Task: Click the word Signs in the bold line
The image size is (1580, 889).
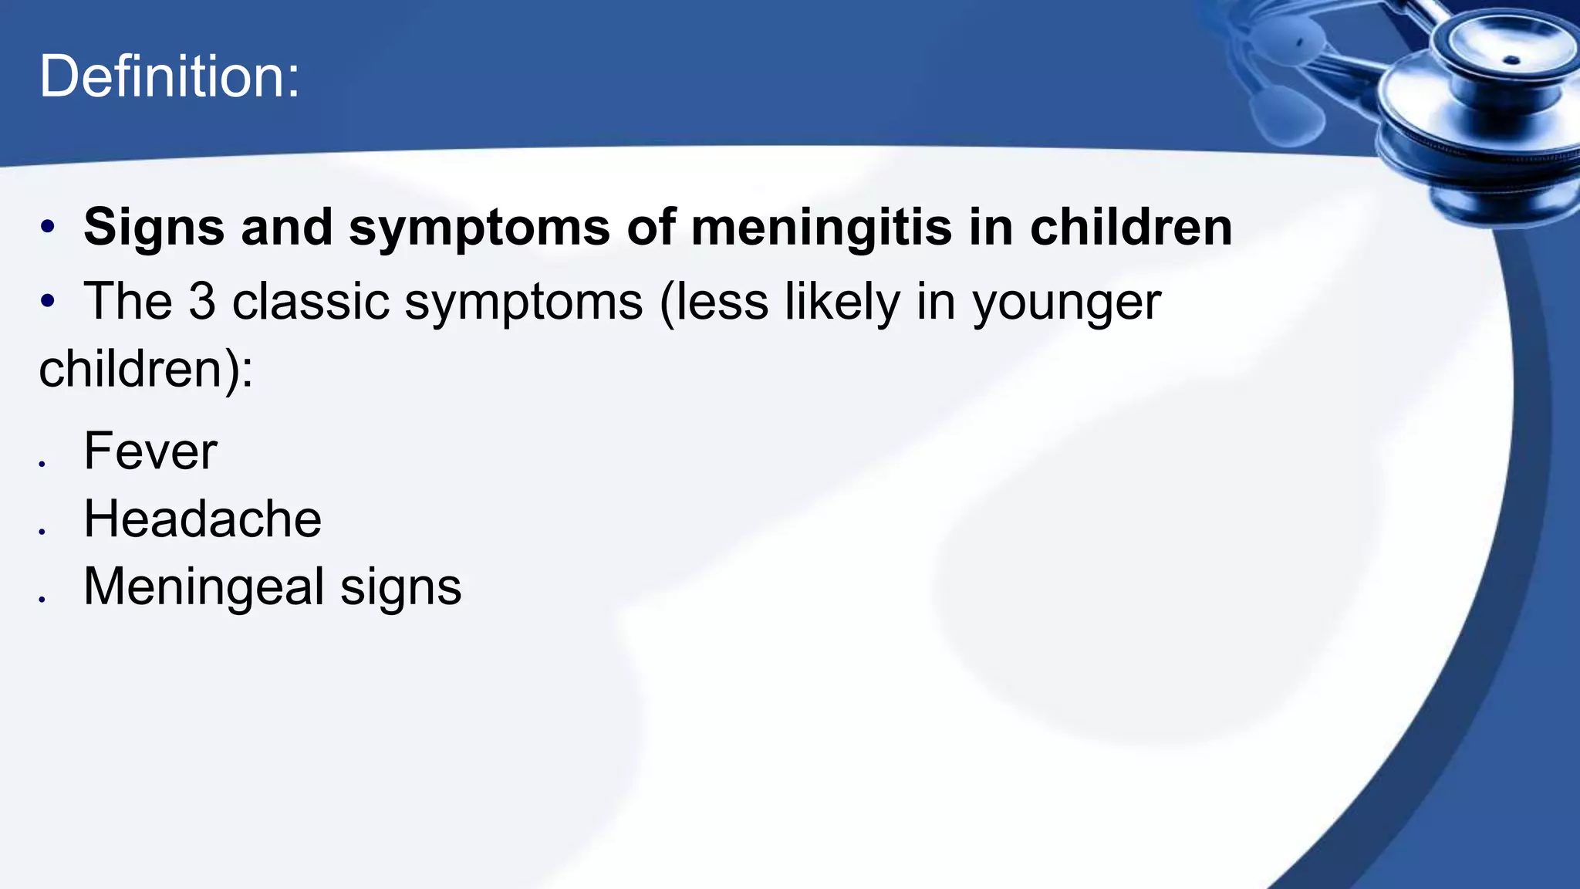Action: (154, 228)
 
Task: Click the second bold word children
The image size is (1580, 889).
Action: (1131, 227)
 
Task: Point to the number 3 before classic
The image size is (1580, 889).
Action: (202, 301)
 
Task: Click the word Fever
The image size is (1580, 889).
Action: (150, 451)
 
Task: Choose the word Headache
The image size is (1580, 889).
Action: (202, 519)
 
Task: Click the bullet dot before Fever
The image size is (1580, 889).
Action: (42, 464)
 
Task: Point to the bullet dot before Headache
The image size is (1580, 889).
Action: (42, 531)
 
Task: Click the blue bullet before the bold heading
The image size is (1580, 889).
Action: (48, 227)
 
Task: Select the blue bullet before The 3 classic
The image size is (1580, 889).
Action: (48, 301)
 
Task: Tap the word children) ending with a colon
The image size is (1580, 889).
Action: (145, 370)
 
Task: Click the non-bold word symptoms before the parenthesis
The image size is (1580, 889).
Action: (524, 303)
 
